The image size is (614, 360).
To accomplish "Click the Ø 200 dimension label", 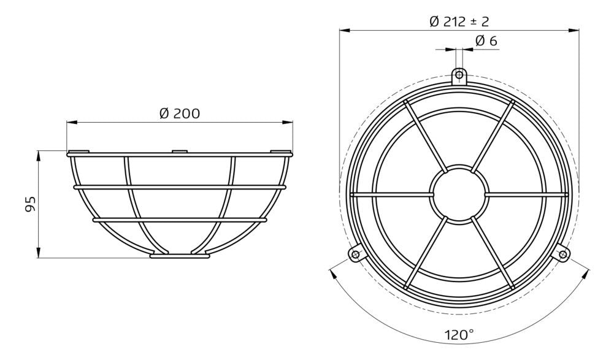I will click(x=180, y=113).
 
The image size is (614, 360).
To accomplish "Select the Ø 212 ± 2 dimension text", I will click(x=459, y=21).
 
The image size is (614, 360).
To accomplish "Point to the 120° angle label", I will click(x=459, y=335).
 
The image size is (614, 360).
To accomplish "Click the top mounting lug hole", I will click(x=459, y=75).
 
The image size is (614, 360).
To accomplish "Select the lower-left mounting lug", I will click(x=355, y=253).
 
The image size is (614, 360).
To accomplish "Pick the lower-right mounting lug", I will click(x=563, y=253).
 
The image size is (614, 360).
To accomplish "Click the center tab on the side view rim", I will click(x=178, y=151).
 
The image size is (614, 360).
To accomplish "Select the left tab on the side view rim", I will click(x=78, y=151).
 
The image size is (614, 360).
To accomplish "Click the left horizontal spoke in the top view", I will click(x=393, y=194).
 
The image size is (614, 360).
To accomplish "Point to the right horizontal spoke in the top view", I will click(x=524, y=194).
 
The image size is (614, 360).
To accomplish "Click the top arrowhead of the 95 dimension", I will click(x=39, y=154).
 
